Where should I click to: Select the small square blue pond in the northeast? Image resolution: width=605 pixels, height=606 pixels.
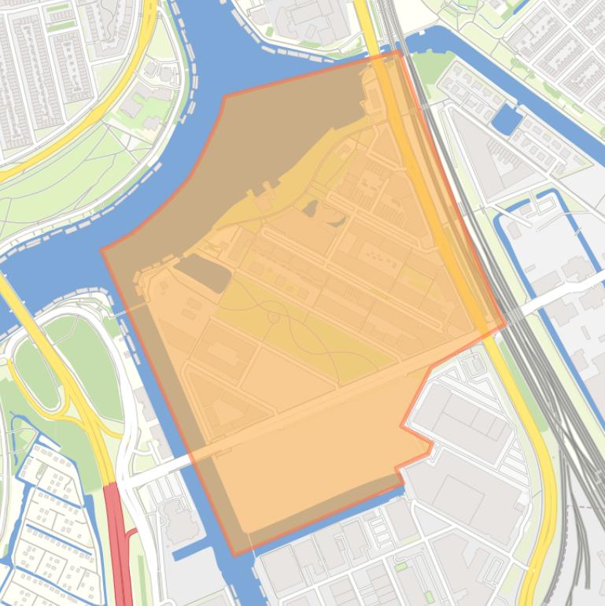tap(506, 119)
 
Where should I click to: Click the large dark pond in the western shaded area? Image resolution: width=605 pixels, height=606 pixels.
tap(203, 272)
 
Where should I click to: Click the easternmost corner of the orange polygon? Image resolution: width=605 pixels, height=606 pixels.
tap(506, 325)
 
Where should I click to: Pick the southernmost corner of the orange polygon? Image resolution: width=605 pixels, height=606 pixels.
tap(234, 555)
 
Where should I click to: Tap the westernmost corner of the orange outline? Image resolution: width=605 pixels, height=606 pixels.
tap(102, 251)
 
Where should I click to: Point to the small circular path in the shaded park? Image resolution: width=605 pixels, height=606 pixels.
tap(274, 317)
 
